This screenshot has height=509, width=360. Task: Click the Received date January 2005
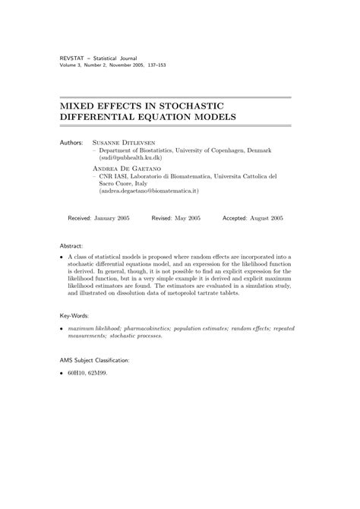112,217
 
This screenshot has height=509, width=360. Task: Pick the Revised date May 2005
187,217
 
